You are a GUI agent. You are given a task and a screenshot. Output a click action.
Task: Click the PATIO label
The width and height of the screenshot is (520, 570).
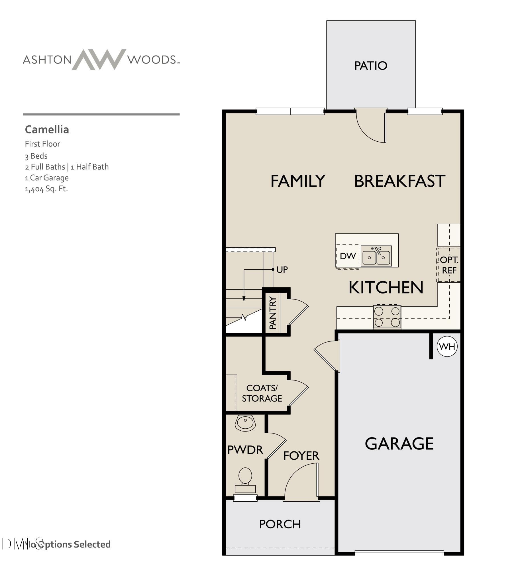pos(370,66)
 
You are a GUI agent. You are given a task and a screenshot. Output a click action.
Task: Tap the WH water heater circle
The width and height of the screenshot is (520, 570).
pos(447,347)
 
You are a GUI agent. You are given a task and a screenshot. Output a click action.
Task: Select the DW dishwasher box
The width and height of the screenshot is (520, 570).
pos(347,256)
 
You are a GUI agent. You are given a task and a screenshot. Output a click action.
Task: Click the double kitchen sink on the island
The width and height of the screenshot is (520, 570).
pos(376,256)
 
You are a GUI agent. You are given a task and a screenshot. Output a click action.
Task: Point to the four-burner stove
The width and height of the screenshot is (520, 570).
pos(387,317)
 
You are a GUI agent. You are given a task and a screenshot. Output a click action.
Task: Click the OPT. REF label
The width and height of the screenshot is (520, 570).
pos(449,265)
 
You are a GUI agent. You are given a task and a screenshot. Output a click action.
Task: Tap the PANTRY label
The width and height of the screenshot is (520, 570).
pos(273,313)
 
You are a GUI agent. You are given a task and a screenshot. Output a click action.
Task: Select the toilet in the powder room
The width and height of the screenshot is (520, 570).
pos(245,480)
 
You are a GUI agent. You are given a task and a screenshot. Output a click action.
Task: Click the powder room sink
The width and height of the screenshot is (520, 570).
pos(245,423)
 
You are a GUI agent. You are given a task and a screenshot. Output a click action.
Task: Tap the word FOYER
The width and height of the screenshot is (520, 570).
pos(301,456)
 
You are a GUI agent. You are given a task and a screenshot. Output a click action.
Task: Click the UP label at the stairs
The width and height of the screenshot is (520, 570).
pos(282,270)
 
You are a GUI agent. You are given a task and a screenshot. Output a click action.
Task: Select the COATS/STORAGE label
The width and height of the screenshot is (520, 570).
pos(262,393)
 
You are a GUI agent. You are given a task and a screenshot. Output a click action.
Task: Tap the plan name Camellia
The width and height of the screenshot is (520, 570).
pos(47,130)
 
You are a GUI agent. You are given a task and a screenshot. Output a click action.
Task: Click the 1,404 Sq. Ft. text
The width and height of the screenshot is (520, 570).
pos(46,189)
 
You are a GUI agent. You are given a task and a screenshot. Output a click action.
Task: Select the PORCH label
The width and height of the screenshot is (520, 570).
pos(280,524)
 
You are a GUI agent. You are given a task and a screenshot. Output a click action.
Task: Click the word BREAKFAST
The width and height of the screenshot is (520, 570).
pos(399,181)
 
